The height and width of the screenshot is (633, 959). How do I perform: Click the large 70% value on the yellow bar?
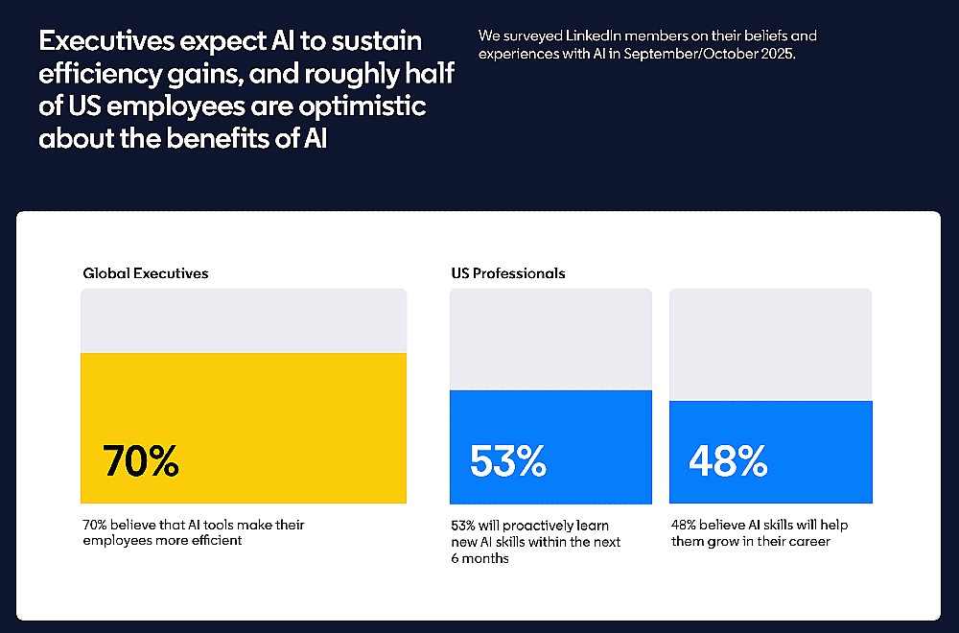click(141, 460)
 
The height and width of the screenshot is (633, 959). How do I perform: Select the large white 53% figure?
click(507, 460)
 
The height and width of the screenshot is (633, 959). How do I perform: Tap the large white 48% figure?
click(728, 460)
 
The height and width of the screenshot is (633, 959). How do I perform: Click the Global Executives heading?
click(146, 273)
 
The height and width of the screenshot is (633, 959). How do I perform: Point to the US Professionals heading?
click(508, 273)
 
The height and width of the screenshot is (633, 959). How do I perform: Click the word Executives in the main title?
click(106, 41)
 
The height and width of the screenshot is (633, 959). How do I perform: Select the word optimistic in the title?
click(363, 106)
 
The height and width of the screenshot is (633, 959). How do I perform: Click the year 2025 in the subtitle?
click(778, 54)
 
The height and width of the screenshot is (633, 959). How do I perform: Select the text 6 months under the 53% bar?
click(480, 558)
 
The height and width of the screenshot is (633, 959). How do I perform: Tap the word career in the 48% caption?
click(808, 542)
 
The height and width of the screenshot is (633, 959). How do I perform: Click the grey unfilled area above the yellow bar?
click(244, 321)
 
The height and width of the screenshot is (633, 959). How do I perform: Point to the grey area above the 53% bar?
click(551, 340)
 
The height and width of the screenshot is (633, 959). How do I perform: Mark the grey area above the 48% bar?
click(771, 345)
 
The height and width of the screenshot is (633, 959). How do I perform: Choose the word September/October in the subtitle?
click(690, 54)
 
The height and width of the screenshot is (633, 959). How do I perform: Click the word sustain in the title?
click(377, 41)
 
